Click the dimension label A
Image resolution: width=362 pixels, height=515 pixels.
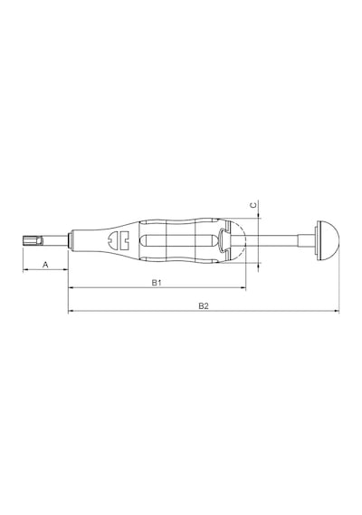(x=46, y=264)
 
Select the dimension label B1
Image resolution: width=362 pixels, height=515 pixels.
(x=157, y=283)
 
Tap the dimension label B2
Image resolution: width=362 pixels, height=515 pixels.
(x=204, y=306)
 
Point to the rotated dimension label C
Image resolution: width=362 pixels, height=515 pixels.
(x=253, y=205)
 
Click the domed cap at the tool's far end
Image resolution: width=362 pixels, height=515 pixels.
(x=329, y=240)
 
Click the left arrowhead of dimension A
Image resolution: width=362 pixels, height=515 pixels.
(x=24, y=270)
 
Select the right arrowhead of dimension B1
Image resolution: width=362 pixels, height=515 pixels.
(x=243, y=288)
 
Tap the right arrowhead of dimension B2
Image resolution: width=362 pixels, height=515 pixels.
(x=337, y=311)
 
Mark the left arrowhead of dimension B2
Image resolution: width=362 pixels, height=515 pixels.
(x=70, y=311)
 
